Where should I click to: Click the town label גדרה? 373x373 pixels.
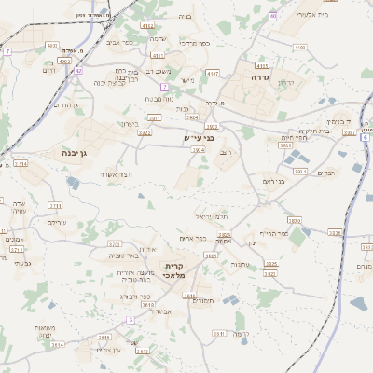260,77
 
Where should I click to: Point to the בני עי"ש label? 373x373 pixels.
198,138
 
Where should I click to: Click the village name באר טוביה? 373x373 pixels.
128,255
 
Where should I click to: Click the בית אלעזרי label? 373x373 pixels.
311,14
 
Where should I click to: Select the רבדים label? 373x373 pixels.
325,173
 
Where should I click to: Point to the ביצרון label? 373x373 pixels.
130,123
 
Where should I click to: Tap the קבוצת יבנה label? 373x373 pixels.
110,83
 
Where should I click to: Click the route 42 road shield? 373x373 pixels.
78,70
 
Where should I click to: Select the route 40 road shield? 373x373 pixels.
272,16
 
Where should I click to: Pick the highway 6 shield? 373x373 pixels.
366,137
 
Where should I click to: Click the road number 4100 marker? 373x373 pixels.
298,46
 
